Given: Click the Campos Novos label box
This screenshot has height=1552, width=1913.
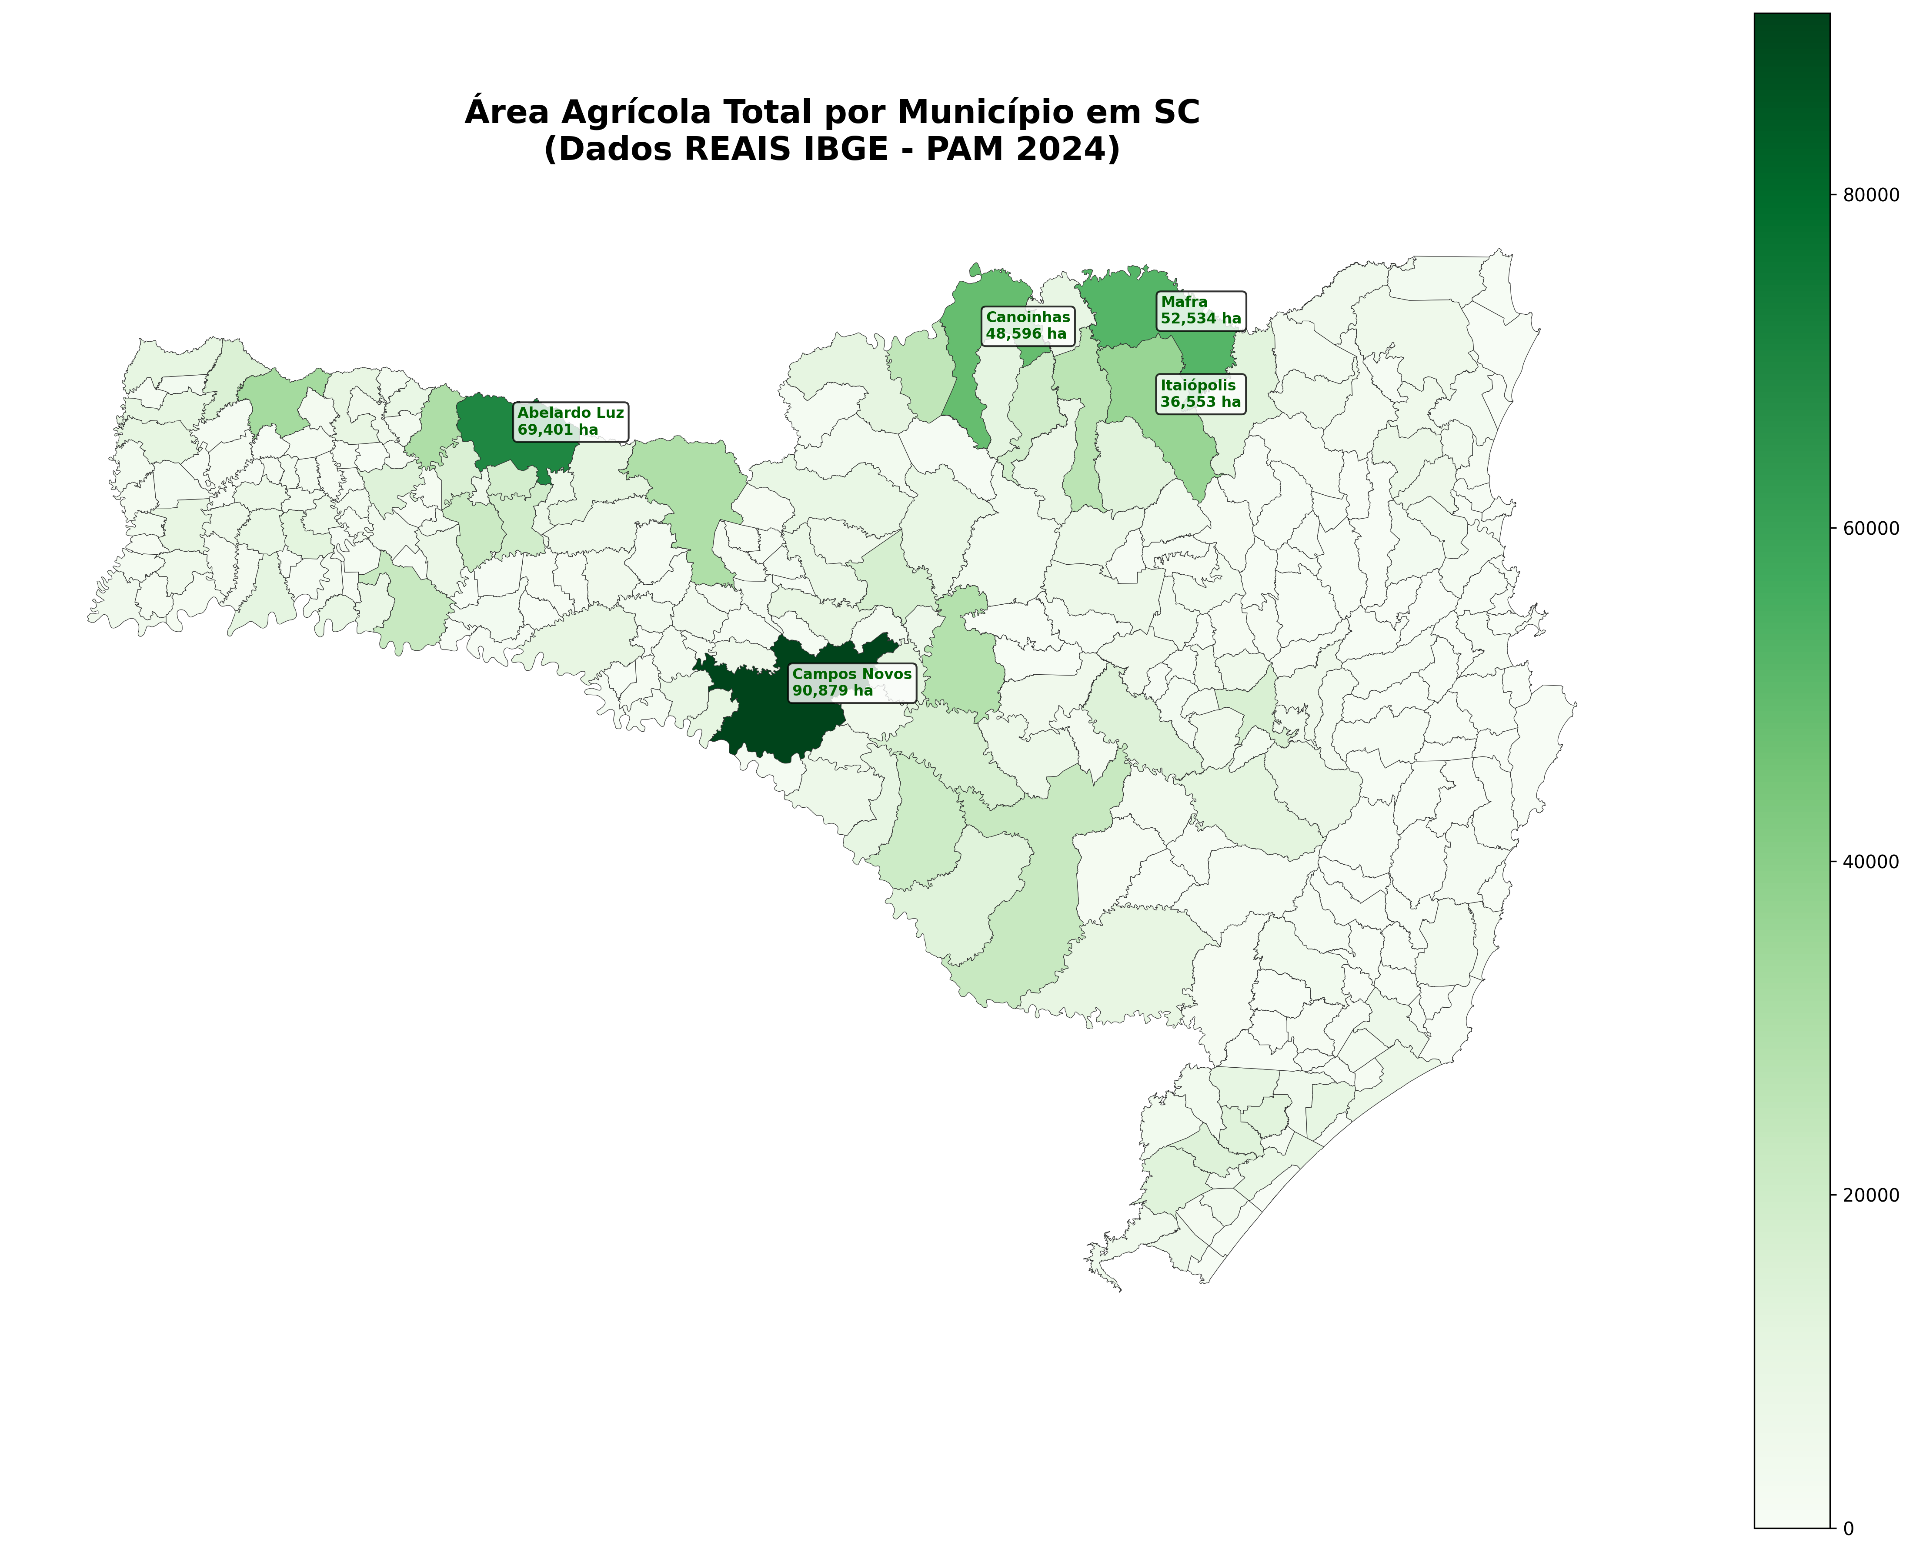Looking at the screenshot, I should point(851,682).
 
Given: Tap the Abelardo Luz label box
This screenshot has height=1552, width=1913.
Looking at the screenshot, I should point(570,421).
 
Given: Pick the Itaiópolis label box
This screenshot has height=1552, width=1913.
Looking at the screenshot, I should point(1200,393).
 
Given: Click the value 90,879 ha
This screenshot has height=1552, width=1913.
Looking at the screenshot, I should point(833,691).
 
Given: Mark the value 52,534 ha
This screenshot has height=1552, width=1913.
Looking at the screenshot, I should point(1200,318).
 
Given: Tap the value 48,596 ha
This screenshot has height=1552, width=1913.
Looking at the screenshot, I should point(1026,334).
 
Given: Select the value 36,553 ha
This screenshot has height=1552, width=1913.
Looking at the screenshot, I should point(1200,402).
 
